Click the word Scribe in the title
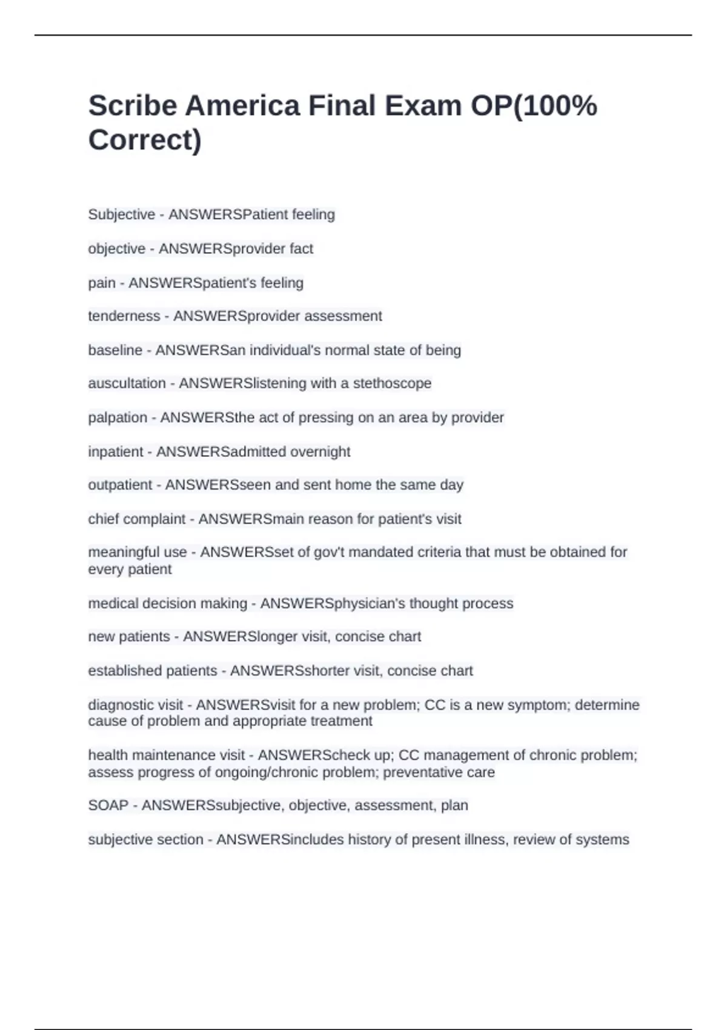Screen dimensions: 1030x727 pos(132,106)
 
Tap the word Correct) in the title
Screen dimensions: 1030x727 pos(145,140)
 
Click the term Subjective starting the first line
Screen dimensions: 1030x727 pos(121,214)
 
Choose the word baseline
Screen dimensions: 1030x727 pos(115,350)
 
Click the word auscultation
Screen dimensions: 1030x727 pos(127,384)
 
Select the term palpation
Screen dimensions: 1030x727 pos(118,417)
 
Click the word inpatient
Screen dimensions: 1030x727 pos(115,451)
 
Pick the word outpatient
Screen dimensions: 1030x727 pos(120,485)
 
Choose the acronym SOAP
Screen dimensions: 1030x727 pos(108,805)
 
